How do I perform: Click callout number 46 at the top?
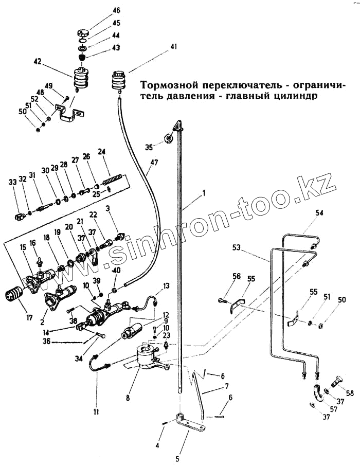[116, 10]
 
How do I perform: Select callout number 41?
[174, 47]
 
